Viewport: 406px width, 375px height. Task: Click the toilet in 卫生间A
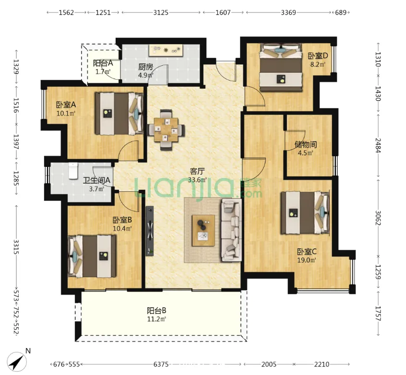tap(73, 171)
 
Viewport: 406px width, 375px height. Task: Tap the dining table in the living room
tap(166, 129)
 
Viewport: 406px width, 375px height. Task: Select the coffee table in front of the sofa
tap(203, 230)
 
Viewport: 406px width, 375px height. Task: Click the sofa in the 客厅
tap(231, 230)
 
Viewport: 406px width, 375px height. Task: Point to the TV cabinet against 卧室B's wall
tap(150, 231)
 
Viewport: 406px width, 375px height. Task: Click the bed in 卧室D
tap(281, 67)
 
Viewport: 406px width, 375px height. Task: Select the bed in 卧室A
tap(119, 114)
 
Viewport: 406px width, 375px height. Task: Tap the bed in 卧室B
tap(92, 256)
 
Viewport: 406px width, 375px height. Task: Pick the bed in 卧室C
tap(305, 213)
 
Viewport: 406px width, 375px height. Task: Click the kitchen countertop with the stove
tap(166, 50)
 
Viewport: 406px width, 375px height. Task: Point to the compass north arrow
tap(17, 362)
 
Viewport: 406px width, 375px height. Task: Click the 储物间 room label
tap(306, 145)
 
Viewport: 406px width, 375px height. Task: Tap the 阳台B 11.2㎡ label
tap(156, 315)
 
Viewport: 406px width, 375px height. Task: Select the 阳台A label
tap(103, 63)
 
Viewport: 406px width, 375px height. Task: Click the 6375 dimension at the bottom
tap(161, 364)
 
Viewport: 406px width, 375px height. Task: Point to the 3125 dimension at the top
tap(161, 12)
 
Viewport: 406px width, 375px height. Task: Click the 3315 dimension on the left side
tap(16, 247)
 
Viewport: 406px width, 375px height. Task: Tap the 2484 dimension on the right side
tap(378, 145)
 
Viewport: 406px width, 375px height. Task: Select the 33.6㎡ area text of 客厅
tap(197, 180)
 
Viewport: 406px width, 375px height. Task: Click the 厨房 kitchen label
tap(145, 67)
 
